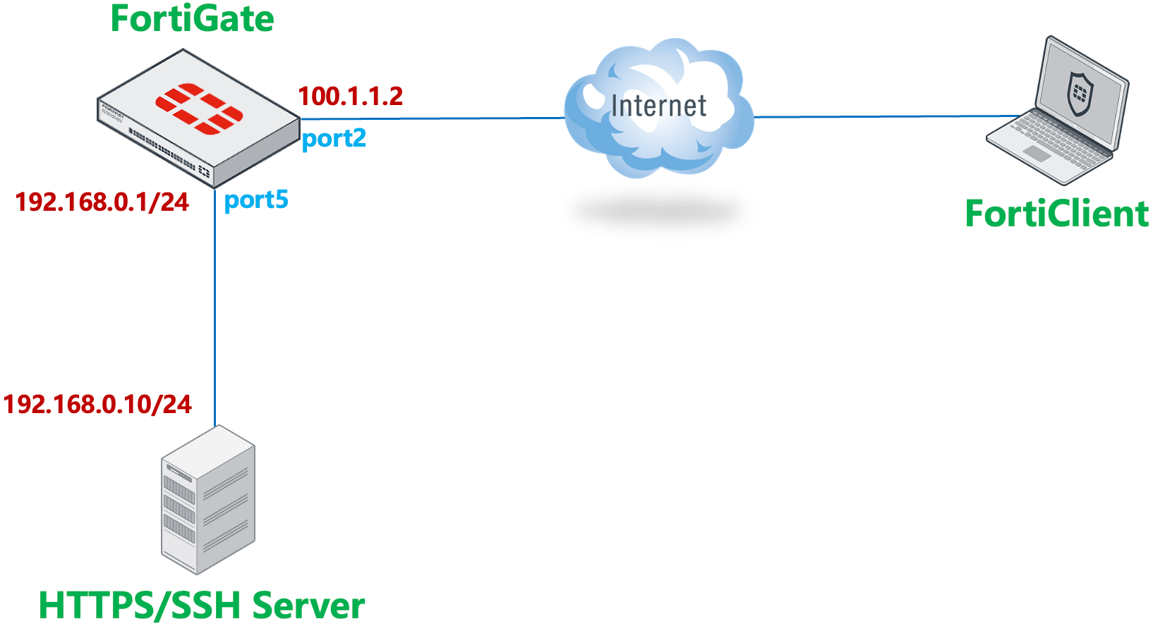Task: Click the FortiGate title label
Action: pyautogui.click(x=192, y=19)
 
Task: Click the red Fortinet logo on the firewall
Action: pyautogui.click(x=199, y=108)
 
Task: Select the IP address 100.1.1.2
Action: pyautogui.click(x=350, y=97)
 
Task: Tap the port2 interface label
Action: pyautogui.click(x=334, y=138)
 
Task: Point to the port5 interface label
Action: pyautogui.click(x=256, y=200)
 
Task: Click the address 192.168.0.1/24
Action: pyautogui.click(x=102, y=202)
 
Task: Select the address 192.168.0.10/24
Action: pyautogui.click(x=97, y=405)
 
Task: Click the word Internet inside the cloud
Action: pyautogui.click(x=658, y=106)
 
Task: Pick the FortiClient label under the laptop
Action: pyautogui.click(x=1056, y=214)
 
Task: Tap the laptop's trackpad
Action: pyautogui.click(x=1037, y=154)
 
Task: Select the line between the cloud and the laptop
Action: pyautogui.click(x=882, y=116)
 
